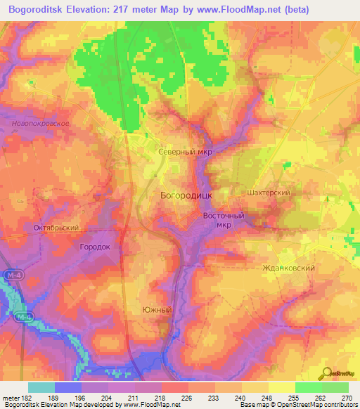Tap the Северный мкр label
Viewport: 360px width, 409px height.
tap(184, 151)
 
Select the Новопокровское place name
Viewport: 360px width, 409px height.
tap(40, 123)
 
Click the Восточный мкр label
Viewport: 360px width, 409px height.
tap(223, 221)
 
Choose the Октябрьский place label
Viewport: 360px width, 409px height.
tap(56, 228)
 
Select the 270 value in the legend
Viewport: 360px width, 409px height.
tap(346, 397)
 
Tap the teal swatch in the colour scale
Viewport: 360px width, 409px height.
tap(41, 387)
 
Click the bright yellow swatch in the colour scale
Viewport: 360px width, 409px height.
tap(282, 387)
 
